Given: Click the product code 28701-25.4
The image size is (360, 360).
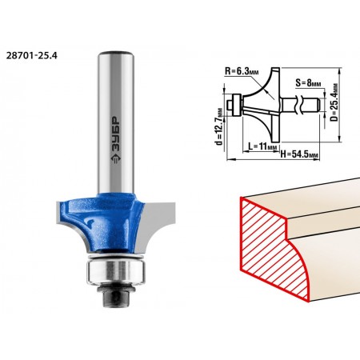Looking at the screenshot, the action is (x=31, y=55).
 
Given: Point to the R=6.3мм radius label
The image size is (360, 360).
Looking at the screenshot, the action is (x=242, y=72).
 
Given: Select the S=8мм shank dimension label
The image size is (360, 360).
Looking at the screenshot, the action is (x=308, y=83).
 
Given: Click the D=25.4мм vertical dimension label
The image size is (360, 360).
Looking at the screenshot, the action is (x=334, y=102).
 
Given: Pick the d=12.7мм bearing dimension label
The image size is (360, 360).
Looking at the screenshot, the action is (x=219, y=126).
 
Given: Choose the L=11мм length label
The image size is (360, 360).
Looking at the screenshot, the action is (x=263, y=146).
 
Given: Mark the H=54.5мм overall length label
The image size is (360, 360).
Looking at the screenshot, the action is (x=299, y=154).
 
